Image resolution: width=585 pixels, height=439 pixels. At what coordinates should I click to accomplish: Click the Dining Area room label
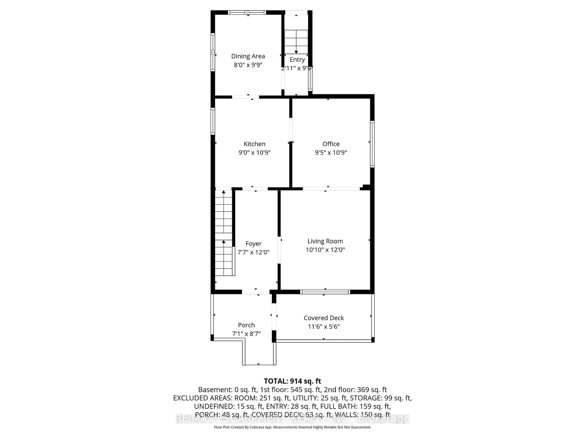(248, 56)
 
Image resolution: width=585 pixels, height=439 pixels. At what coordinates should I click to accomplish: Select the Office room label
(331, 144)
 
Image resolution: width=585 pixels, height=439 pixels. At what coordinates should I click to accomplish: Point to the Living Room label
(325, 241)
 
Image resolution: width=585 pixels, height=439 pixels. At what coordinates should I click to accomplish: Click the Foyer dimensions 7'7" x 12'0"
(253, 252)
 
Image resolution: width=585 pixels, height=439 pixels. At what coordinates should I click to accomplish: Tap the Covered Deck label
(324, 318)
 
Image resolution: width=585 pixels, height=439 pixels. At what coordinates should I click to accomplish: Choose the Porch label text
(246, 325)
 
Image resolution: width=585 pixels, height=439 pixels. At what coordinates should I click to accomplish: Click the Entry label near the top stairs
(297, 60)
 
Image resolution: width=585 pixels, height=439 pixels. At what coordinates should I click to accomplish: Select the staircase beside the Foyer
(224, 233)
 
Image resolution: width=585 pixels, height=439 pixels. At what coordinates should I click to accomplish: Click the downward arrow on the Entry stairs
(296, 52)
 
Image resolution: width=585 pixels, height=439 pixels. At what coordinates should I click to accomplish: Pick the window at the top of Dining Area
(247, 12)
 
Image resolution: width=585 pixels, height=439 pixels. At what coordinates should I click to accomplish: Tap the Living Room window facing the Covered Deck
(325, 292)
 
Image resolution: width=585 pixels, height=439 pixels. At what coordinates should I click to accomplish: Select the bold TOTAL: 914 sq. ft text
(292, 381)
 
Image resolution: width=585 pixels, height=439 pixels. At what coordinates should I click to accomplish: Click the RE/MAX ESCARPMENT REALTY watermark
(292, 419)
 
